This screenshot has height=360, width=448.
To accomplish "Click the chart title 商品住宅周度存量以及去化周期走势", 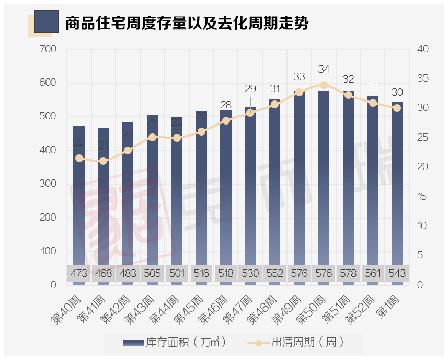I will [x=186, y=24].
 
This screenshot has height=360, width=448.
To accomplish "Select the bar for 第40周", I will [x=79, y=199].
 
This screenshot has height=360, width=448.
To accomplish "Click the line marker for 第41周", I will [x=104, y=161].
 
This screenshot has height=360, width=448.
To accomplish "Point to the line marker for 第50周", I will [x=324, y=85].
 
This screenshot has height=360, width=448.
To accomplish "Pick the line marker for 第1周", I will [x=397, y=108].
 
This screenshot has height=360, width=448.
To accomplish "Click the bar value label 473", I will [x=79, y=274].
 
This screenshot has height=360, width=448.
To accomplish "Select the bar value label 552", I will [x=275, y=274].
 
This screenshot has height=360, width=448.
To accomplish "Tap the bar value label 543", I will [x=397, y=274].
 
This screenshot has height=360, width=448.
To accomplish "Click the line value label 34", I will [x=324, y=70].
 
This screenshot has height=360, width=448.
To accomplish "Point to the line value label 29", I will [x=250, y=89].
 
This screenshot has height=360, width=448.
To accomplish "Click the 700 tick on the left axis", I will [x=48, y=49].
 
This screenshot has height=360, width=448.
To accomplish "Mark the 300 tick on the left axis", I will [x=48, y=184].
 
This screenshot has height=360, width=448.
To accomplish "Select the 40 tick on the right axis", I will [x=422, y=49].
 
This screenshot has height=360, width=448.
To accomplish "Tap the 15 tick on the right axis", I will [x=422, y=197].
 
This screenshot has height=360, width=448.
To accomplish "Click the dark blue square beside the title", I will [x=45, y=22].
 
